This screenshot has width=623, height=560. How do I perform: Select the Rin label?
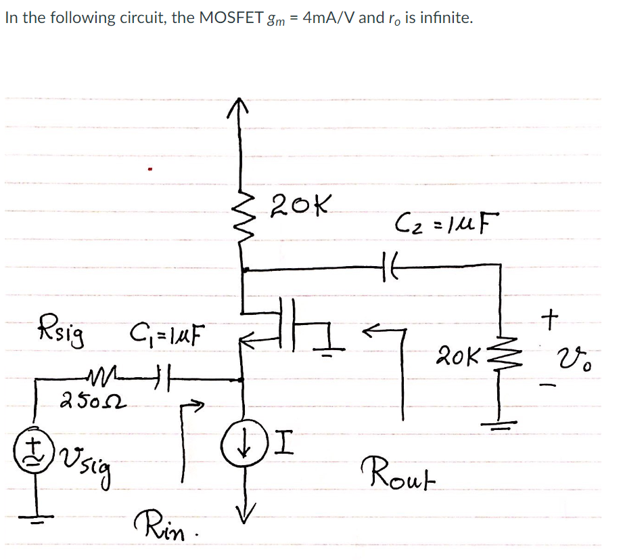coord(157,523)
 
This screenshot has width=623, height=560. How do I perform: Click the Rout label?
coord(392,469)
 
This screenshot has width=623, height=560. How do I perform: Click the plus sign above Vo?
coord(553,316)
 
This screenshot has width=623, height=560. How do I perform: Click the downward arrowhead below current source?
coord(242,510)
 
